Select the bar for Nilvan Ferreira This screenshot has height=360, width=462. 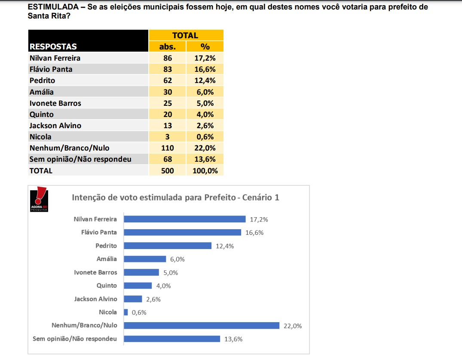coord(184,219)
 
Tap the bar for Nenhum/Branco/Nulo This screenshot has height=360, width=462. coord(202,325)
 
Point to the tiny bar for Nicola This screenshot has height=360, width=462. coord(126,312)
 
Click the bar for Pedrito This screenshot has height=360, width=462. coord(168,246)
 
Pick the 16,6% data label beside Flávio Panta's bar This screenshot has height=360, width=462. coord(254,233)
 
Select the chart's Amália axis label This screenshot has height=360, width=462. coord(107,259)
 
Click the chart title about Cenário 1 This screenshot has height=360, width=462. coord(175,197)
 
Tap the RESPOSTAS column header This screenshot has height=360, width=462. coord(53,46)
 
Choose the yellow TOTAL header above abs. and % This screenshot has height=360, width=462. coord(185,35)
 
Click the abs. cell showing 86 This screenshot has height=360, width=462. coord(167,58)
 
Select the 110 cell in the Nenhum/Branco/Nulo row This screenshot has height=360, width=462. coord(167,148)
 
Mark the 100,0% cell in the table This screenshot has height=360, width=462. coord(205,171)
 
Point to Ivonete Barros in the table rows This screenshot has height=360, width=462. coord(55,103)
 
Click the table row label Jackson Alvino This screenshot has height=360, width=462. coord(55,126)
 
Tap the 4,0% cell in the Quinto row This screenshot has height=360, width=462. coord(205,114)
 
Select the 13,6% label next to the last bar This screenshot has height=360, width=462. coord(233,339)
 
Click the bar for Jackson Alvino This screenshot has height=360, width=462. coord(133,299)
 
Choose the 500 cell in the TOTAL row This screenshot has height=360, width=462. coord(167,171)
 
